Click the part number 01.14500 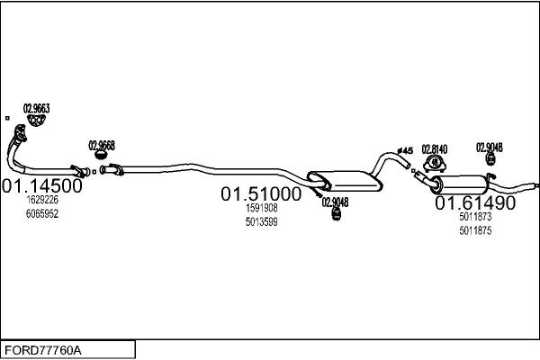click(x=42, y=186)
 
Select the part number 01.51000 click(x=261, y=194)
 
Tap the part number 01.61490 click(x=475, y=202)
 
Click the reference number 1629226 click(x=42, y=200)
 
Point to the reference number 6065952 click(x=42, y=213)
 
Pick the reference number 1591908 click(x=262, y=208)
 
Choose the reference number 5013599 click(x=262, y=222)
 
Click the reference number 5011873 click(x=475, y=216)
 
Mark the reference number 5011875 click(x=475, y=230)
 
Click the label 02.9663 click(x=37, y=109)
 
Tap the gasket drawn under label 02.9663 click(x=37, y=121)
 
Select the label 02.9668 click(x=102, y=146)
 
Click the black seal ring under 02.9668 click(x=100, y=155)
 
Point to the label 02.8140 click(x=435, y=149)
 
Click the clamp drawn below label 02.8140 click(x=435, y=164)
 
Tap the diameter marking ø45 click(x=405, y=150)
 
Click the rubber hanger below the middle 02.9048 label click(x=336, y=214)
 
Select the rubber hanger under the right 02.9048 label click(x=490, y=159)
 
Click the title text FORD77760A click(x=43, y=350)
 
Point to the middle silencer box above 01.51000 click(x=345, y=181)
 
